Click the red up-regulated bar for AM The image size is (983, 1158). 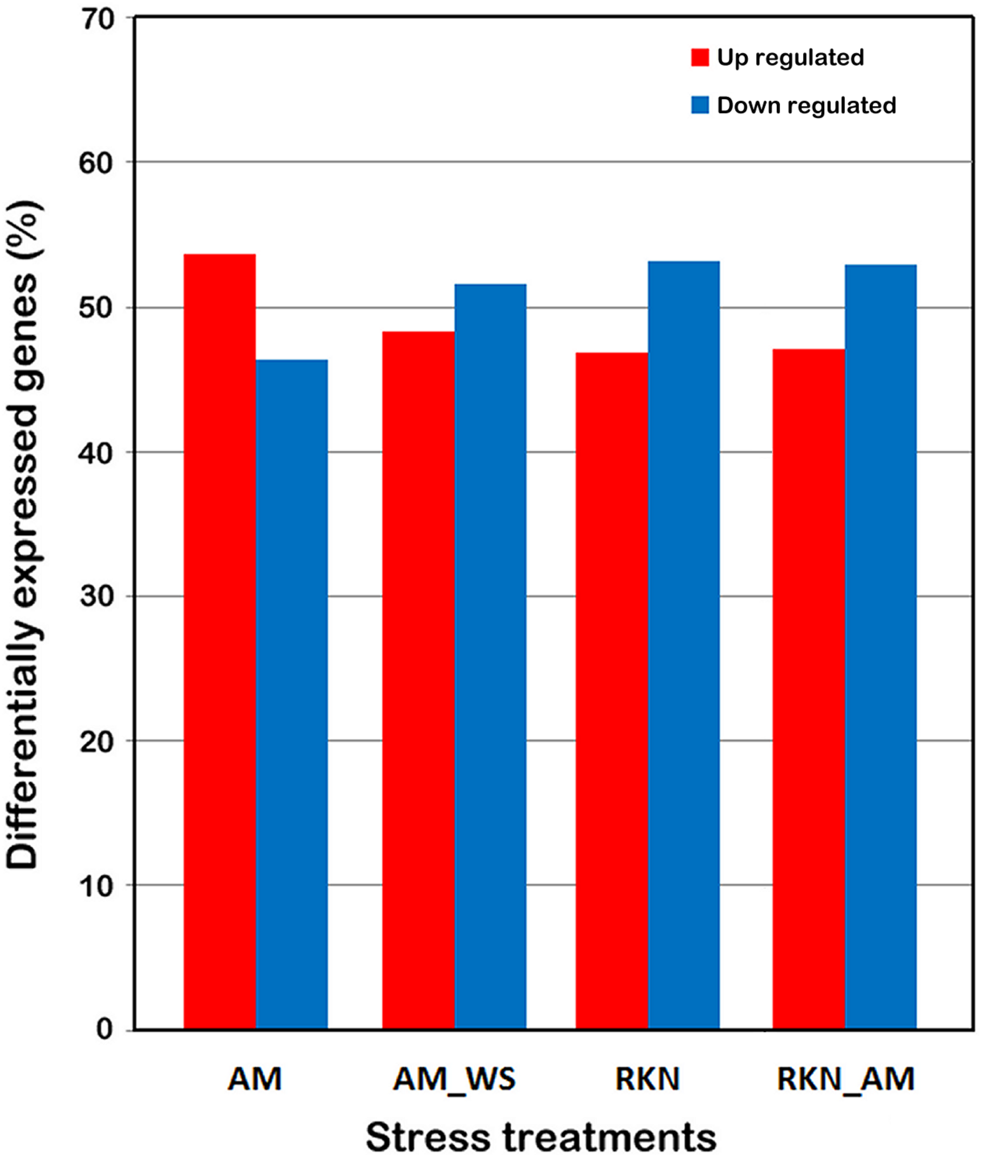pos(220,641)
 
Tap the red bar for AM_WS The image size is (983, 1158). pos(418,679)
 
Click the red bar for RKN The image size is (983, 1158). pos(611,691)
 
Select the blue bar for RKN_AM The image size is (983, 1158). pos(881,646)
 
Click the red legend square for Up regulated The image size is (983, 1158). pos(700,57)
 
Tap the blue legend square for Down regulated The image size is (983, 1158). pos(700,105)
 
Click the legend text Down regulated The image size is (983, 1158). pos(806,105)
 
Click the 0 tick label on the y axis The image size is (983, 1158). pos(105,1029)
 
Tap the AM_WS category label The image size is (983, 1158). pos(454,1079)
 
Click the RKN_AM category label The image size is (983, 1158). pos(846,1079)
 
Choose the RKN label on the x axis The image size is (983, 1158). pos(647,1079)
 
